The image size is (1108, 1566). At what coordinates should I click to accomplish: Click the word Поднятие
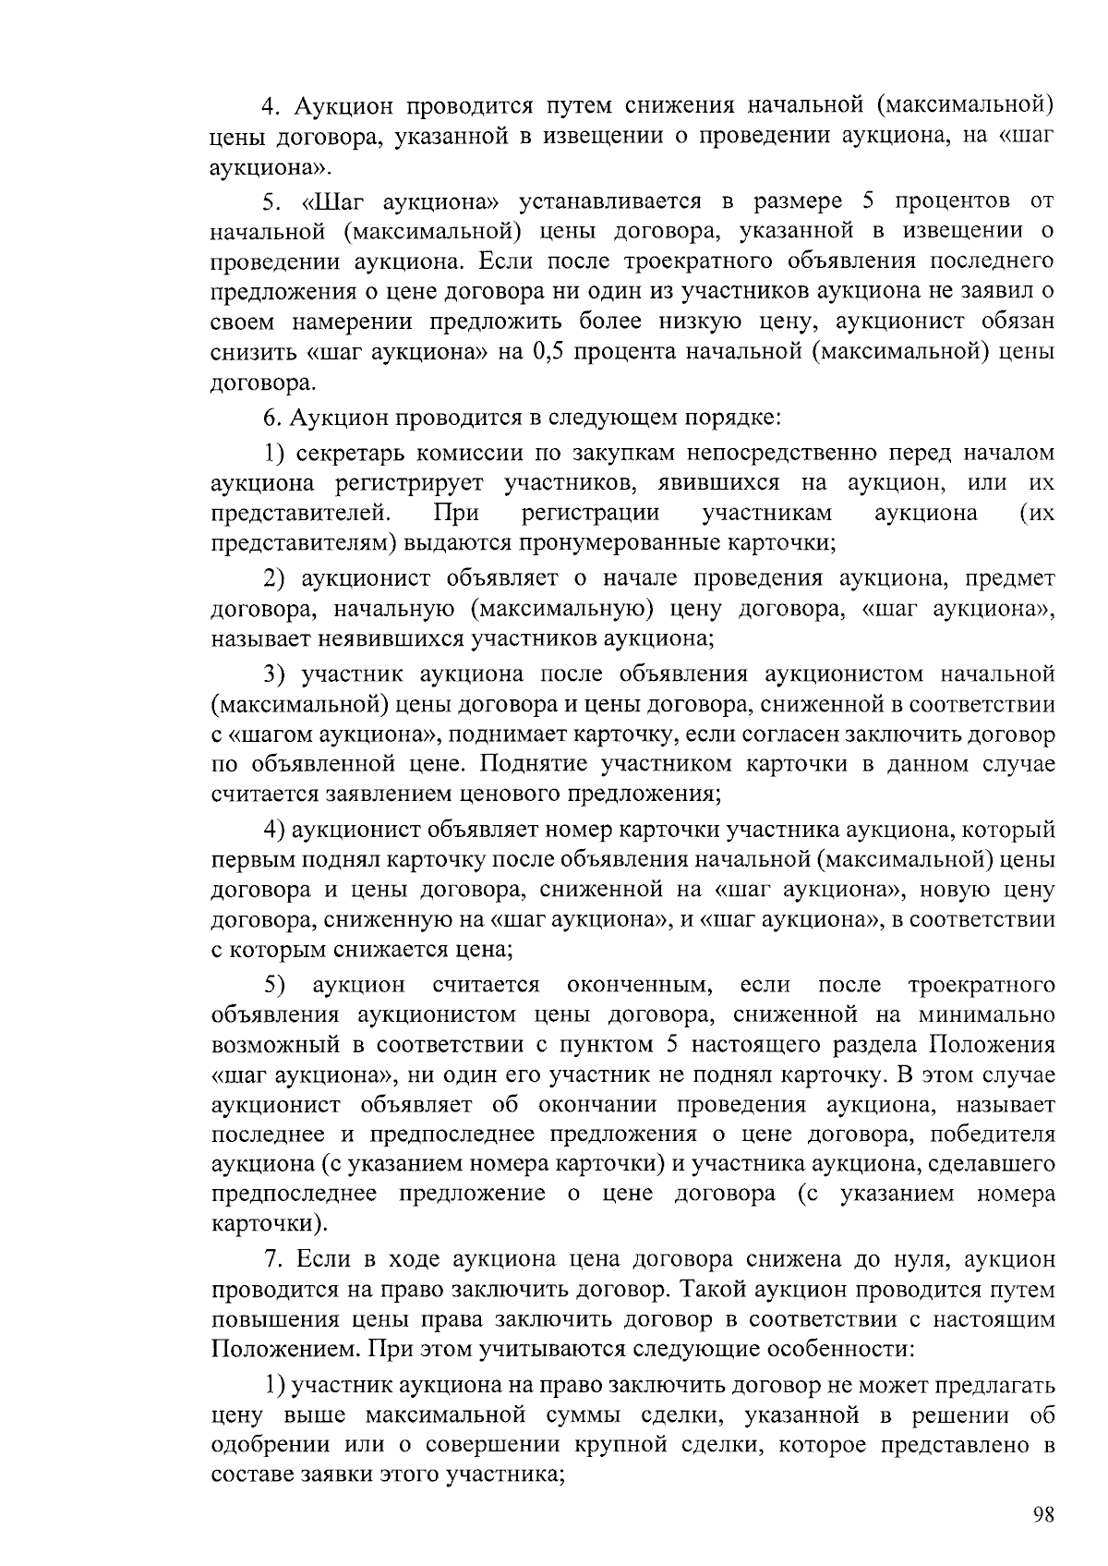click(x=534, y=764)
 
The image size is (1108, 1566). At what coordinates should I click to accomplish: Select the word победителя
click(x=993, y=1134)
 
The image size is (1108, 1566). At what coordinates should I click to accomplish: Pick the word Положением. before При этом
click(x=286, y=1348)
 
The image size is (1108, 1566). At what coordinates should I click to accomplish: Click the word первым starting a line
click(x=251, y=859)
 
